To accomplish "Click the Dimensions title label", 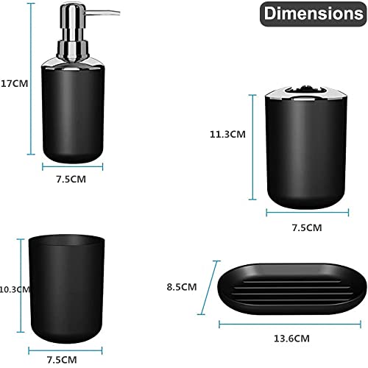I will click(314, 13).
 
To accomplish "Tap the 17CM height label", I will click(13, 83).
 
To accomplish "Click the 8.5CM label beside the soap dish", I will click(182, 286).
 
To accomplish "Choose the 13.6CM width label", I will click(290, 338).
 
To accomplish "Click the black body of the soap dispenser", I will click(72, 118).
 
